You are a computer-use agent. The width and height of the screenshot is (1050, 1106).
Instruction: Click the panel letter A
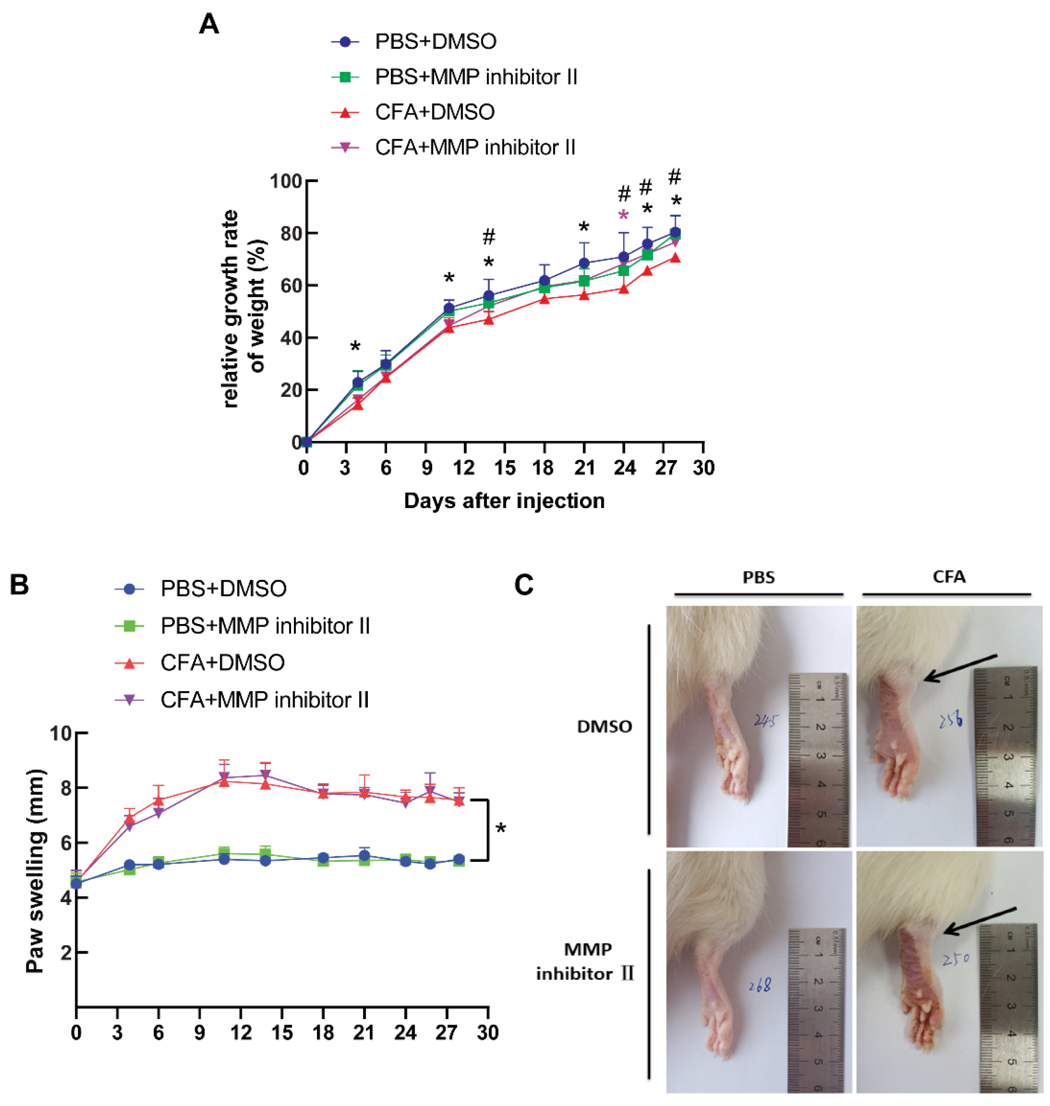point(209,24)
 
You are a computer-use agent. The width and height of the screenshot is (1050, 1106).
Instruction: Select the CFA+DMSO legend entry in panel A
point(434,112)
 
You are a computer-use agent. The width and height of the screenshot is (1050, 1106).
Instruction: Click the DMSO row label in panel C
point(605,727)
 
